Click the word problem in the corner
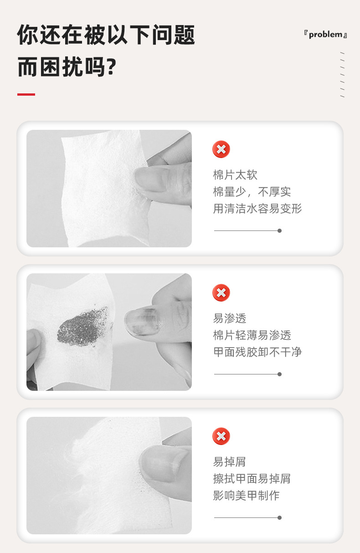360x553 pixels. click(x=325, y=35)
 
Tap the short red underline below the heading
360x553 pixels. click(x=26, y=94)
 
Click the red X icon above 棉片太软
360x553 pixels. click(x=221, y=149)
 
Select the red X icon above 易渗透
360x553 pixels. click(x=221, y=292)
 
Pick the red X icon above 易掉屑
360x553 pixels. click(x=221, y=436)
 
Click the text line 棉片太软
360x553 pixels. click(x=235, y=175)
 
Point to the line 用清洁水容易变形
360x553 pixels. click(x=257, y=209)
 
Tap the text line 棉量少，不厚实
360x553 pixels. click(x=252, y=192)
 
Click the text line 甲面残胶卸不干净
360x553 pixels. click(x=257, y=352)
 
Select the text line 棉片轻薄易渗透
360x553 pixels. click(x=252, y=335)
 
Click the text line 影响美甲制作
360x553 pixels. click(x=246, y=495)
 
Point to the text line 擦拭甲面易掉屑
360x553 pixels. click(x=252, y=478)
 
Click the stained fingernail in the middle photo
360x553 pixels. click(x=141, y=322)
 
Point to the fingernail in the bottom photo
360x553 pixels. click(x=164, y=463)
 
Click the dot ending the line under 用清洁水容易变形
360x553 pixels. click(x=279, y=230)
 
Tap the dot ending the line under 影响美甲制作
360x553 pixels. click(x=279, y=517)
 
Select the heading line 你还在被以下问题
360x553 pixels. click(x=106, y=35)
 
